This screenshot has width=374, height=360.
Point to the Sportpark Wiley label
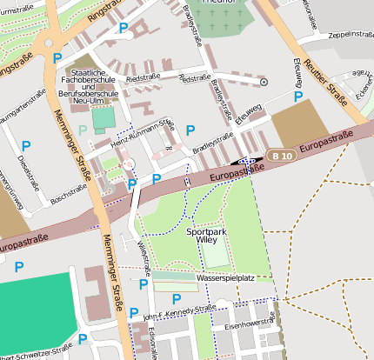click(x=207, y=237)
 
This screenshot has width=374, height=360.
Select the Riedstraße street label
click(x=144, y=77)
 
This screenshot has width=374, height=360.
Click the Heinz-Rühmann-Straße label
click(x=144, y=135)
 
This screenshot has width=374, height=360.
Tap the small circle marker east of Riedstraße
click(x=264, y=82)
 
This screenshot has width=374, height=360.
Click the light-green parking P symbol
click(x=83, y=130)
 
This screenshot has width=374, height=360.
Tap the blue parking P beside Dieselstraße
click(x=26, y=145)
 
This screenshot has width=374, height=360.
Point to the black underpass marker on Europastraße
click(x=245, y=161)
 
